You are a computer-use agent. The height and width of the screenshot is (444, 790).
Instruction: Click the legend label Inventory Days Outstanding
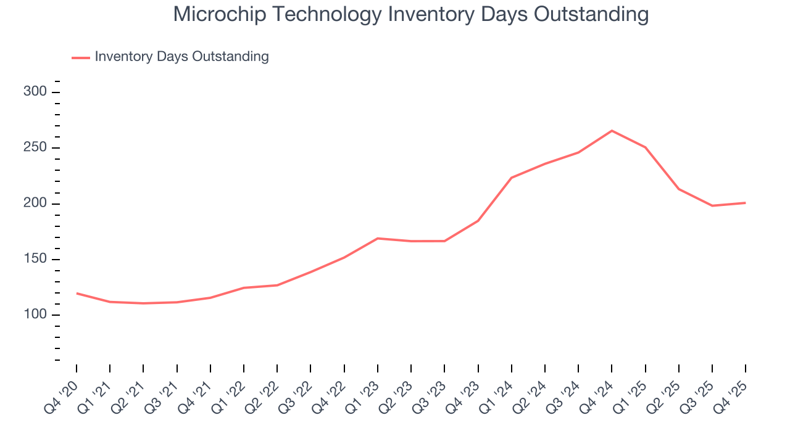click(181, 57)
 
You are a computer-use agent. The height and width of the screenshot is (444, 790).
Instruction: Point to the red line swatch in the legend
click(81, 57)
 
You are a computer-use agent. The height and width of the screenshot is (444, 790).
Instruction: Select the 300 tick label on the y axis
click(35, 92)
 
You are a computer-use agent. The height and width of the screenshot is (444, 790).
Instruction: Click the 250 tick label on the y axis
click(35, 148)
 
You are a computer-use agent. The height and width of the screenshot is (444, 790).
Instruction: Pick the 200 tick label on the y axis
click(35, 203)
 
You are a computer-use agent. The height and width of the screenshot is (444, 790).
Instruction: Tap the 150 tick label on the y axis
click(35, 259)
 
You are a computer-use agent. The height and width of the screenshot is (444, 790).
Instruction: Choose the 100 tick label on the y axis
click(35, 314)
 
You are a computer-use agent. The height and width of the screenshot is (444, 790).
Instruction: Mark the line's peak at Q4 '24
click(612, 131)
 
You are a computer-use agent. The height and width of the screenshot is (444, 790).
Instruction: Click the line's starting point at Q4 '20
click(77, 294)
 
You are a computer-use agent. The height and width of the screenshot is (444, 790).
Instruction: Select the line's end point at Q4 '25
click(745, 203)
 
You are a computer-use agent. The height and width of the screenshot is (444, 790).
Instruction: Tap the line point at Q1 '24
click(512, 178)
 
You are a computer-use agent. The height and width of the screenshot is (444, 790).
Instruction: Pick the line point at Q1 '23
click(377, 238)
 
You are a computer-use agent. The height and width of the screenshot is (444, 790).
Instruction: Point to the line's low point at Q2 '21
click(143, 303)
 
